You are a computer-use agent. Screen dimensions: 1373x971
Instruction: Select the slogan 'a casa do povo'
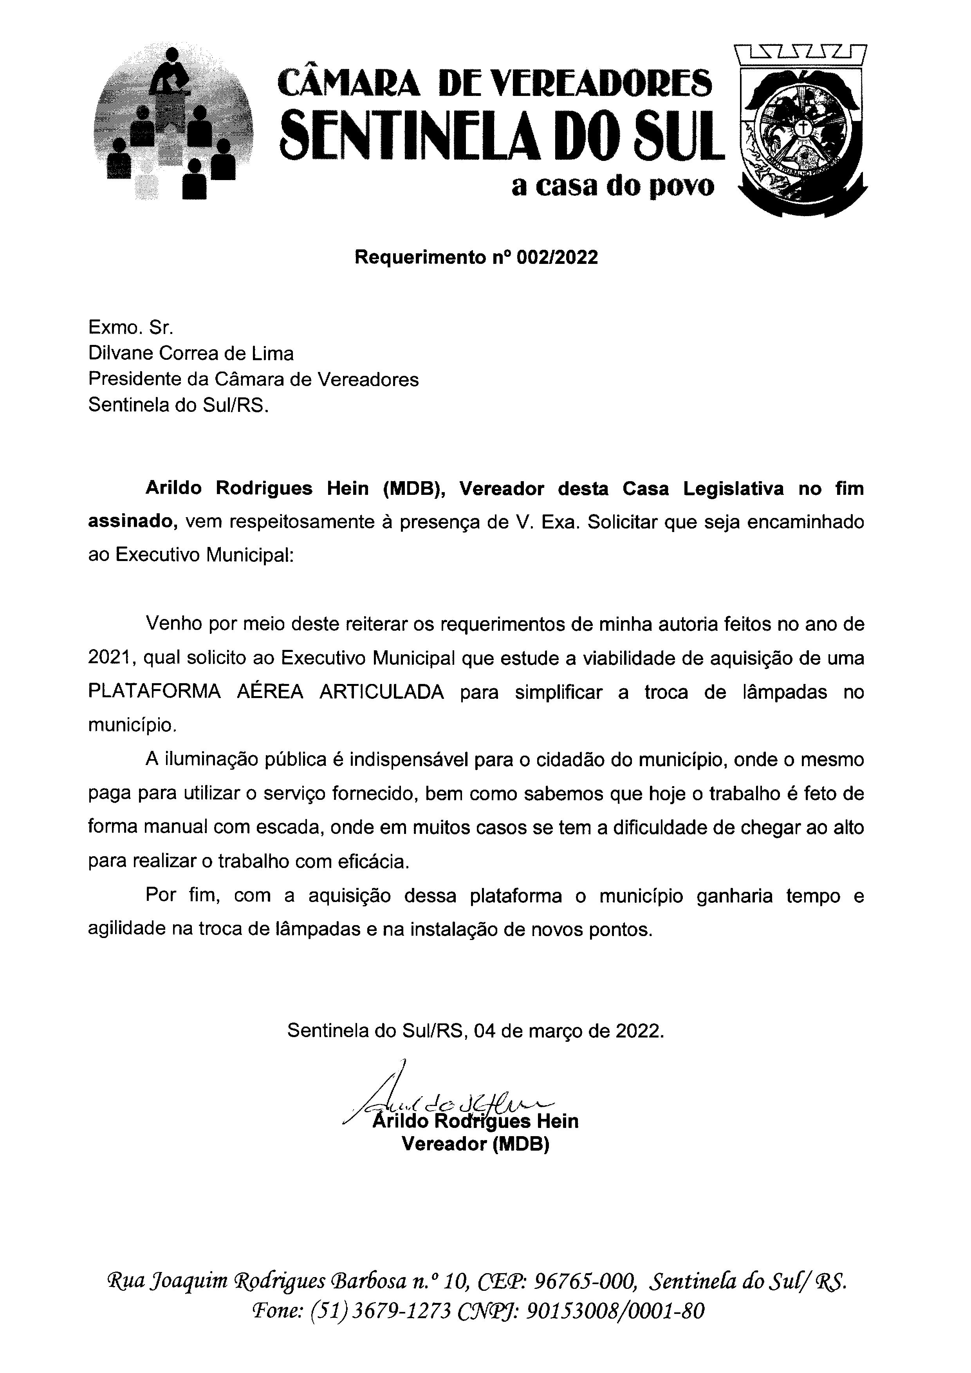(x=613, y=187)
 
